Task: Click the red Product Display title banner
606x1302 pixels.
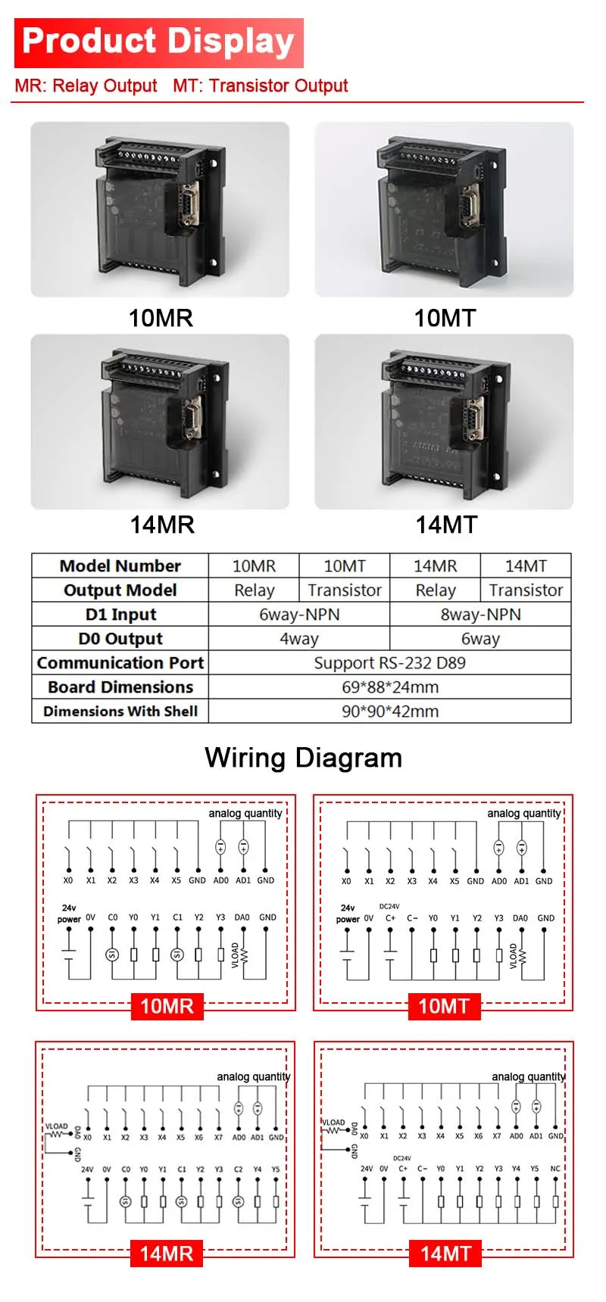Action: [158, 42]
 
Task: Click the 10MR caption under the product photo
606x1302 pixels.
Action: [161, 318]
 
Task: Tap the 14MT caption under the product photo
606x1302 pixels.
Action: [446, 525]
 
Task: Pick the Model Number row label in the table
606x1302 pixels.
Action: [120, 566]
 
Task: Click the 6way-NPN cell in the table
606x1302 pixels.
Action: [299, 615]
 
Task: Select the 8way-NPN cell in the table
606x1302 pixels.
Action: [480, 615]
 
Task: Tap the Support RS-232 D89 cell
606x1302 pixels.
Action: [389, 663]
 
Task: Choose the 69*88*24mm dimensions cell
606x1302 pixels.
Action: [389, 687]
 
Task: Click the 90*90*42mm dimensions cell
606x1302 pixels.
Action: [389, 712]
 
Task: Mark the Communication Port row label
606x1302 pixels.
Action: [120, 663]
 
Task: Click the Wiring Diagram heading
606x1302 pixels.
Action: [303, 758]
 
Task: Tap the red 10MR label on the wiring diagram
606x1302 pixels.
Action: [167, 1006]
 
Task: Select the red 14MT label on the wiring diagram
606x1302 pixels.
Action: [445, 1254]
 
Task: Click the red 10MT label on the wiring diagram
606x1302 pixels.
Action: [444, 1006]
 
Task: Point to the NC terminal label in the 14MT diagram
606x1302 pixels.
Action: [555, 1169]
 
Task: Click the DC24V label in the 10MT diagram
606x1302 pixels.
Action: [389, 906]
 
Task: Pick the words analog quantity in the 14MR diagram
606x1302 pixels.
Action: [253, 1076]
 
